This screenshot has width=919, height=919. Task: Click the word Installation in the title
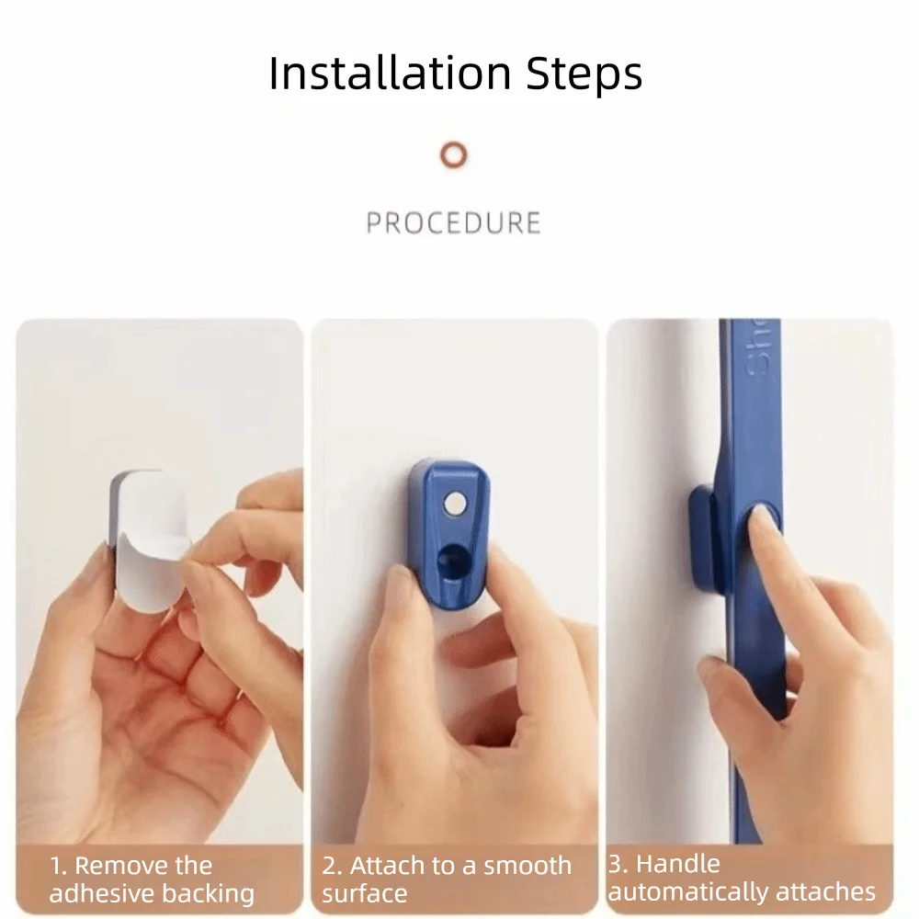point(391,73)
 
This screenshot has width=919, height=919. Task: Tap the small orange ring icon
point(454,155)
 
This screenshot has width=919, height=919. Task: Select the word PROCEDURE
point(454,222)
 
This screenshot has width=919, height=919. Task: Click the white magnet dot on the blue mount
point(454,504)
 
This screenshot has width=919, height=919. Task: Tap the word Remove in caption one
point(143,865)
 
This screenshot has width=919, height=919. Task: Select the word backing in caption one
point(208,894)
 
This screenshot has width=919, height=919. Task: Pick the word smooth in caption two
point(528,865)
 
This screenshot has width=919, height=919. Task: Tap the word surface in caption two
point(365,893)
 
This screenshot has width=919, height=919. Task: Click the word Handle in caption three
point(678,863)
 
